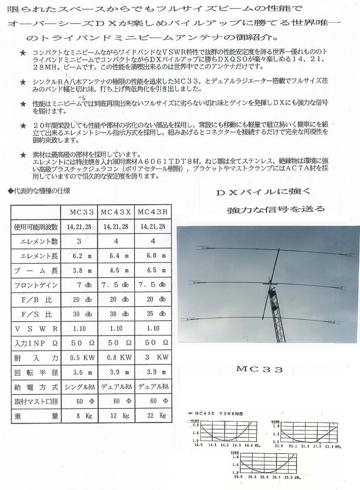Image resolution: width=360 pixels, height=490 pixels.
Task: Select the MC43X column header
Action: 116,212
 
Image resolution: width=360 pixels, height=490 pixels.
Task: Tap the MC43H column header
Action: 153,212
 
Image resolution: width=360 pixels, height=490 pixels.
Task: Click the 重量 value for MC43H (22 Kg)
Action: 153,415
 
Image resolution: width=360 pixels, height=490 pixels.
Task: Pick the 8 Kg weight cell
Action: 79,415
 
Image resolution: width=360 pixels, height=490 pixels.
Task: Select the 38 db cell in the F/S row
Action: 116,314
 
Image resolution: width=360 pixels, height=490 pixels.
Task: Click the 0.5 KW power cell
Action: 79,357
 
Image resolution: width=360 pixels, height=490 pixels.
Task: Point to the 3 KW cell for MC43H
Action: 153,357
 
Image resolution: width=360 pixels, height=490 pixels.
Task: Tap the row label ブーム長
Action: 36,271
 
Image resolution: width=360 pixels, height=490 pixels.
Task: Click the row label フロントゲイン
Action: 36,285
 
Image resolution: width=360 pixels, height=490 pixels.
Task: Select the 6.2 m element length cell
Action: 79,256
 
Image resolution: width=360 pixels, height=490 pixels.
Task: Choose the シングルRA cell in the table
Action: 79,387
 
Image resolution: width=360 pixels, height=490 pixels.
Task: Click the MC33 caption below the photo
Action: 259,369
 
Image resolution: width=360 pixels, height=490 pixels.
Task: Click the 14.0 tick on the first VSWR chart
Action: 198,445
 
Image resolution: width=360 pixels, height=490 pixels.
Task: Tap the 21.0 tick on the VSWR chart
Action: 279,446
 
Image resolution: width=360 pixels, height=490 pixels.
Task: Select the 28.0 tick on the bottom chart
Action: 238,477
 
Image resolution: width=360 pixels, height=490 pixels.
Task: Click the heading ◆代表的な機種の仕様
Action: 39,191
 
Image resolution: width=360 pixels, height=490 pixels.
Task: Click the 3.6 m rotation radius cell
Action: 79,372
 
